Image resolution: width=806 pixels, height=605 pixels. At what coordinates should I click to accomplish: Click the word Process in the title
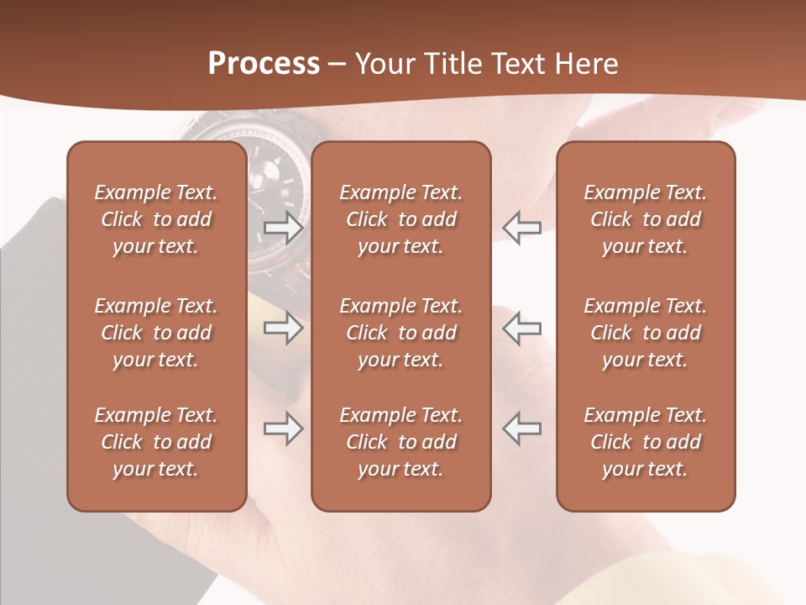[x=264, y=63]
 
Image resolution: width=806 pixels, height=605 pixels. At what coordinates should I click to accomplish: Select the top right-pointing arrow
[x=283, y=228]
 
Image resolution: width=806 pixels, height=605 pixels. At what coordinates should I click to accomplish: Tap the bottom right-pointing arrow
[x=283, y=429]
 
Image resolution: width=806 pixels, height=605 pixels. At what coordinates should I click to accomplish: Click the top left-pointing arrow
[x=521, y=228]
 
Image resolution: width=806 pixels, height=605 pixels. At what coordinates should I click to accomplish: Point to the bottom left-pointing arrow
[x=521, y=428]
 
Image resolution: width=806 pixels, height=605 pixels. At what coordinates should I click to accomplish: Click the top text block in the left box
[x=156, y=219]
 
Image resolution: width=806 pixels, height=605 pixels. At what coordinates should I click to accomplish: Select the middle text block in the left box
[x=156, y=333]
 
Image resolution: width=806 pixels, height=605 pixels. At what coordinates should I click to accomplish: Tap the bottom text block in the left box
[x=156, y=442]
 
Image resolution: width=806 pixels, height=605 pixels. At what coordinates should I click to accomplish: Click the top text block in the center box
[x=400, y=219]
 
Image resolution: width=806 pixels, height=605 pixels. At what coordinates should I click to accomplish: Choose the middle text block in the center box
[x=400, y=333]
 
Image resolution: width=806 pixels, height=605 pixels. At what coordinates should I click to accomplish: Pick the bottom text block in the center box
[x=400, y=442]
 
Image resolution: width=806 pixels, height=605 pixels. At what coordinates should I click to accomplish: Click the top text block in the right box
[x=645, y=219]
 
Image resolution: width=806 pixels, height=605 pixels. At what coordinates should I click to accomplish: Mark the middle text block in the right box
[x=645, y=333]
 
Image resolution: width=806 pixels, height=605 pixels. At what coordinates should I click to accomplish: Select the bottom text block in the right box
[x=645, y=442]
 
